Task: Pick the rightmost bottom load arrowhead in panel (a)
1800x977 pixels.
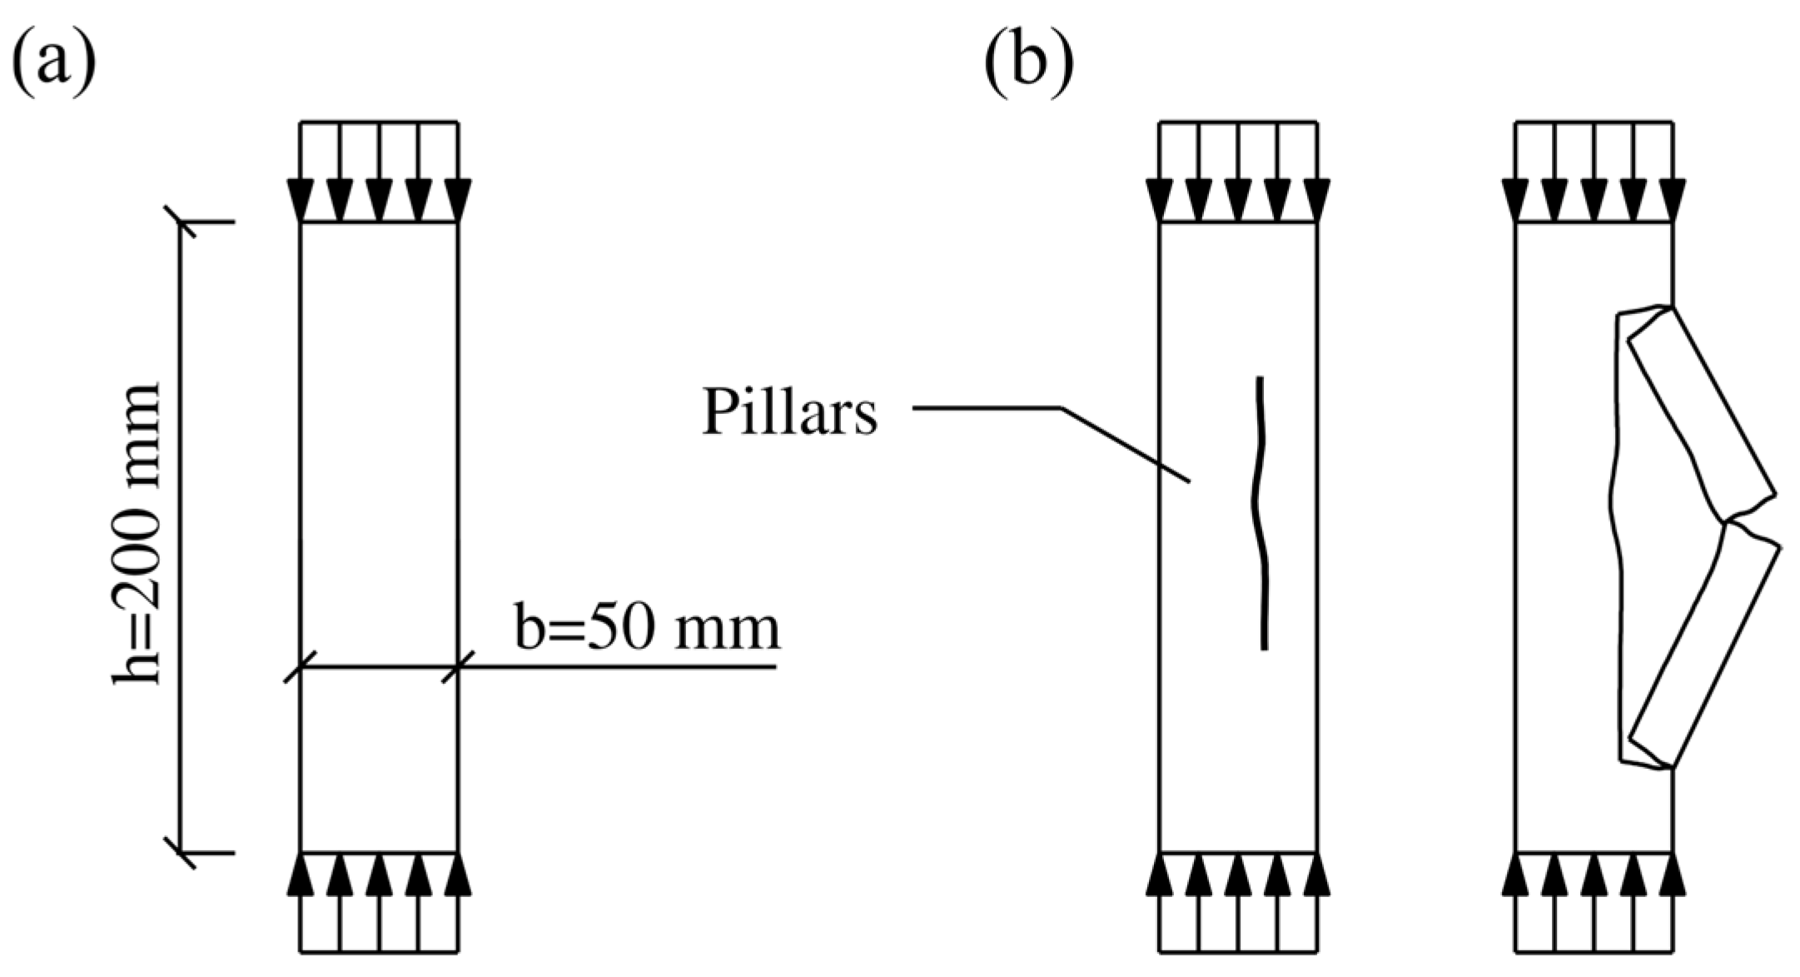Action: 457,875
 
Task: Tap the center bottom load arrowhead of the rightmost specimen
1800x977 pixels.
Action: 1594,875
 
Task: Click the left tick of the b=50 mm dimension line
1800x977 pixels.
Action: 300,666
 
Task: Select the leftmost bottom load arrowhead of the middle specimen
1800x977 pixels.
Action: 1160,875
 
